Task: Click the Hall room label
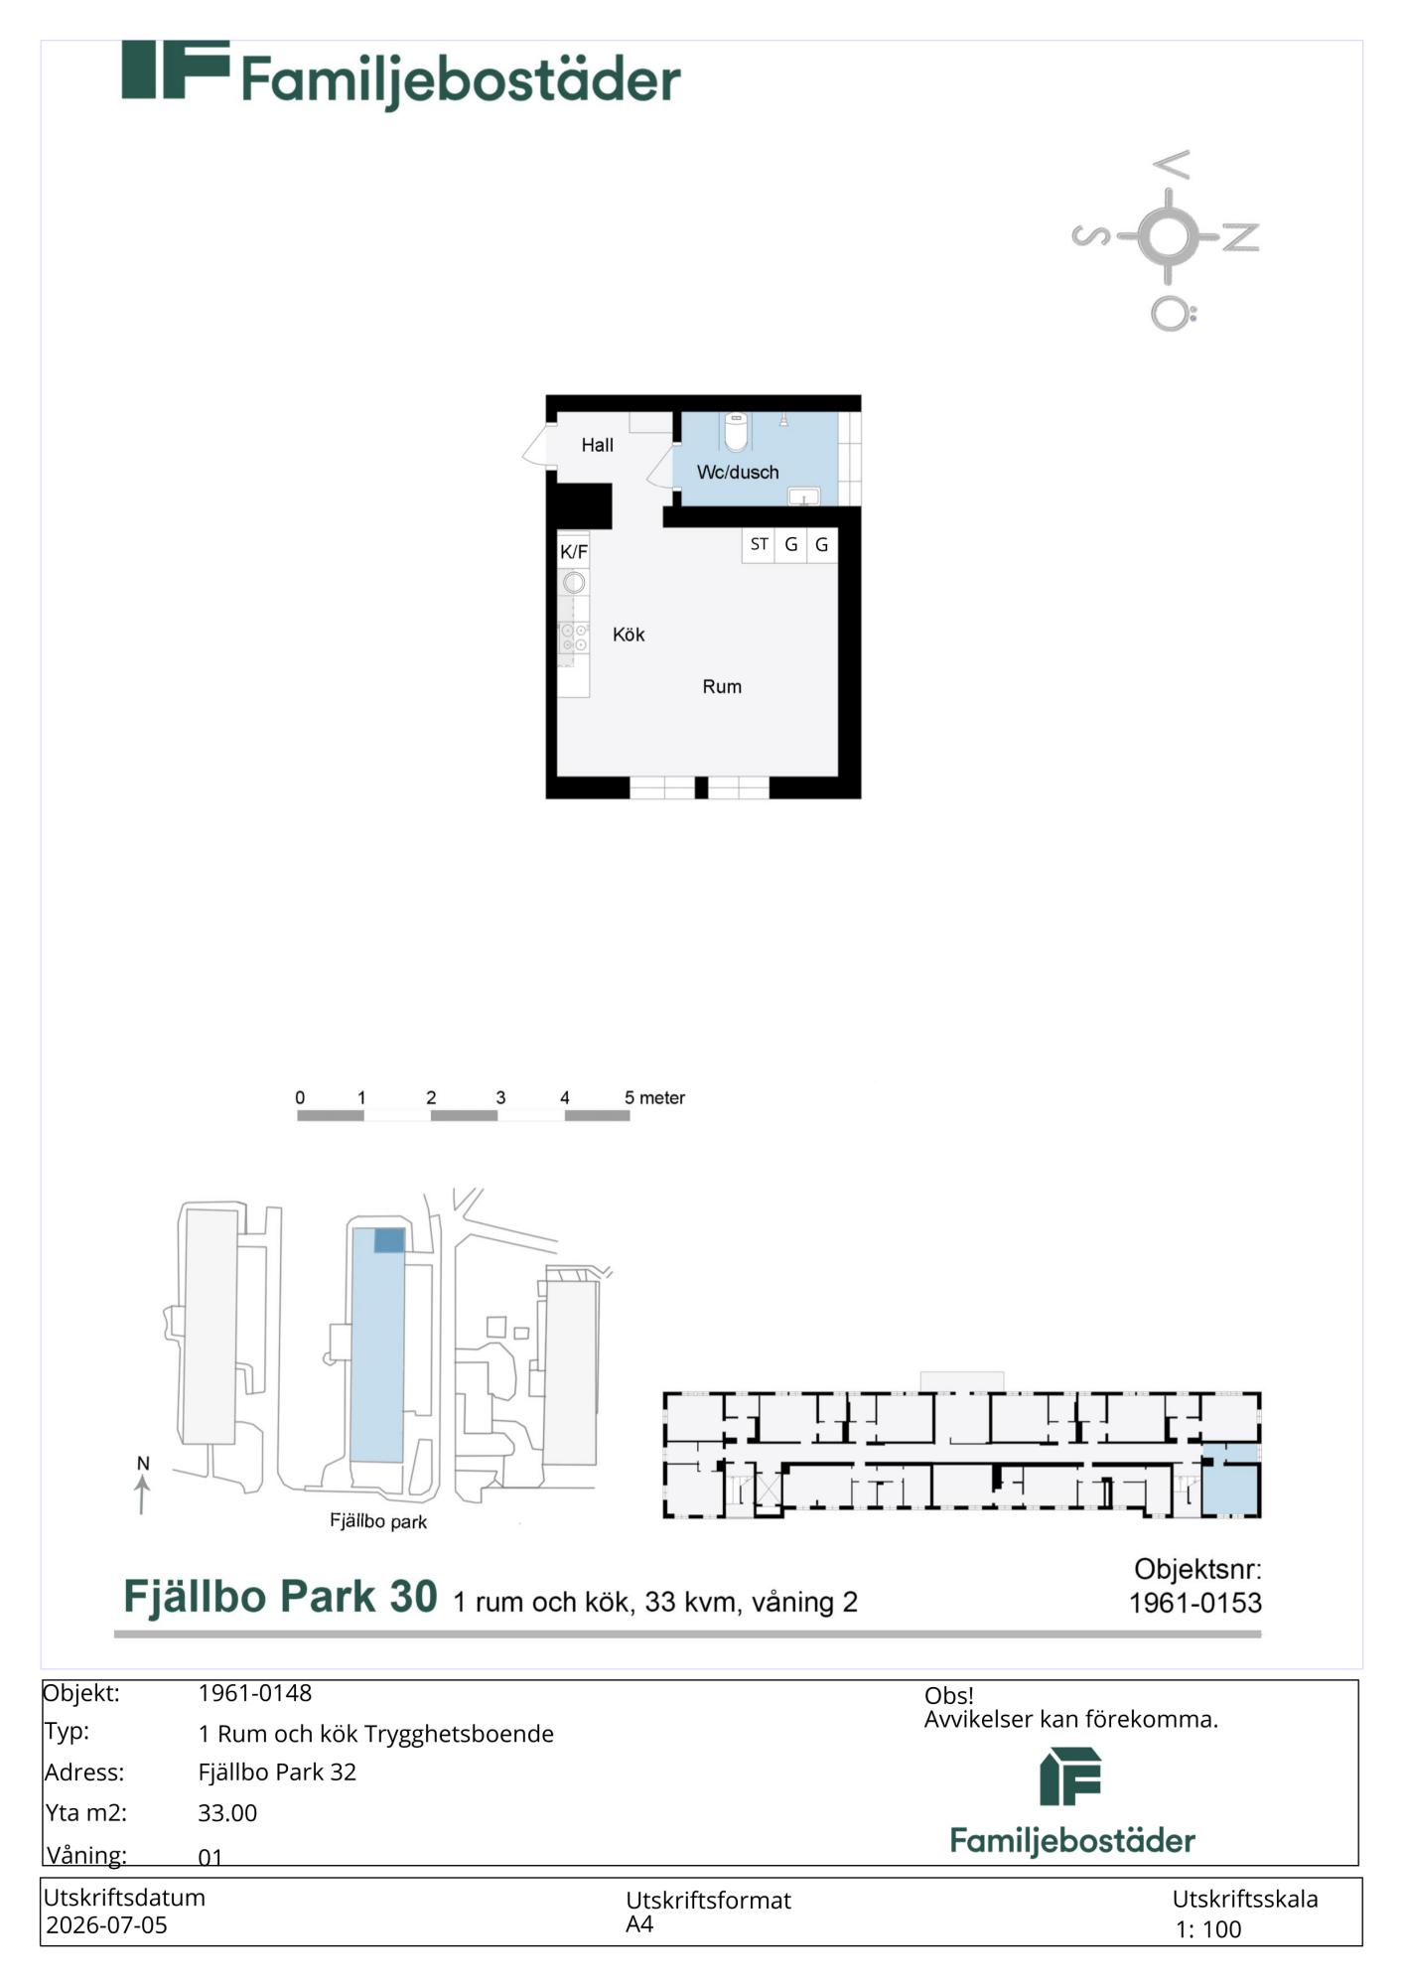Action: tap(597, 445)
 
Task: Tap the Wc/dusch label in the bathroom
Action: tap(738, 473)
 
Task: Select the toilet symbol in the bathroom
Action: tap(736, 432)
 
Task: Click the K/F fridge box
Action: tap(574, 551)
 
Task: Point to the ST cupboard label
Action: tap(759, 544)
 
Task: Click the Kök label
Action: tap(629, 635)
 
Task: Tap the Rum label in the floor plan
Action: tap(722, 686)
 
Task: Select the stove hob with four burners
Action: tap(574, 638)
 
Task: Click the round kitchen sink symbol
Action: tap(574, 583)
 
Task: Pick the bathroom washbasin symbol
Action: tap(803, 496)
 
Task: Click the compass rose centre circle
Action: tap(1167, 236)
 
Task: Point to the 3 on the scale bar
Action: tap(500, 1097)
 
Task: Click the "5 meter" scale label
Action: tap(654, 1097)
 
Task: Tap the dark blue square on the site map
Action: tap(389, 1240)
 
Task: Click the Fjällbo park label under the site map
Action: tap(378, 1521)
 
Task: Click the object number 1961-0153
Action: tap(1195, 1603)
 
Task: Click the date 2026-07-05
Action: tap(107, 1924)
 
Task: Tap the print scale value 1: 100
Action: tap(1208, 1929)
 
